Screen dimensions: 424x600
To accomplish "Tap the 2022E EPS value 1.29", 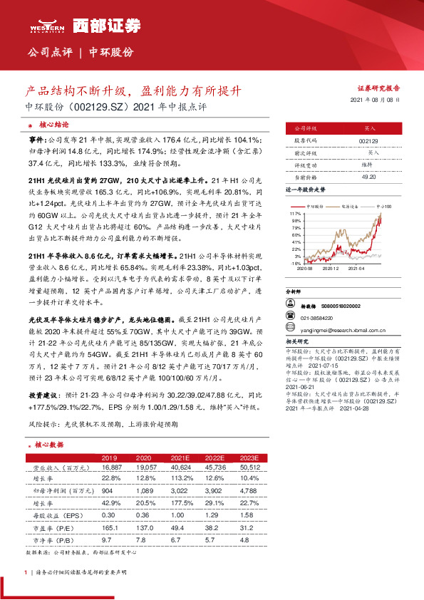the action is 215,514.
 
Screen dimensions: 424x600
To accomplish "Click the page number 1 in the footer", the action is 26,572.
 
